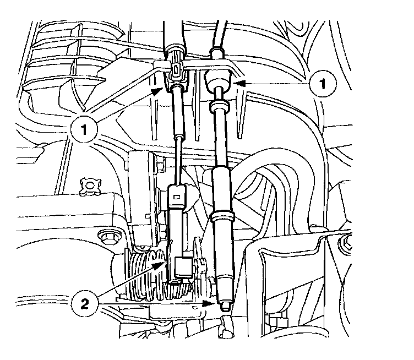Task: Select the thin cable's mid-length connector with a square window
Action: [177, 194]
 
